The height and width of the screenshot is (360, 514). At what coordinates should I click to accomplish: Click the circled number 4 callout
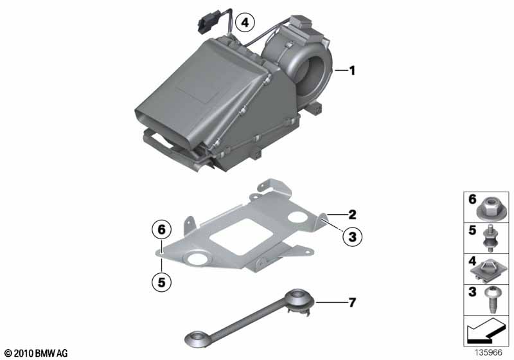245,22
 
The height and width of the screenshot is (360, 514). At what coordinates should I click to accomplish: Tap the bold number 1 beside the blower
352,71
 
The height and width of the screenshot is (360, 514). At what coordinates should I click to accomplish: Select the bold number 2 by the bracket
352,215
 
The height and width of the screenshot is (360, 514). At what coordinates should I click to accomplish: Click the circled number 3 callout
352,237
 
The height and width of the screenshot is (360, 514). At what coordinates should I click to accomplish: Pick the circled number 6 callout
162,230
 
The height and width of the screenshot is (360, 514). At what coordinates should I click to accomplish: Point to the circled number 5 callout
162,282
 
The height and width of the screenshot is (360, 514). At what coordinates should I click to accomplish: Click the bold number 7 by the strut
352,302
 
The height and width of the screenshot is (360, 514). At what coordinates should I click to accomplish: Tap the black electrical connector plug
204,24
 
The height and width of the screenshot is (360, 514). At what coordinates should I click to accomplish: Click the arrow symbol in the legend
485,330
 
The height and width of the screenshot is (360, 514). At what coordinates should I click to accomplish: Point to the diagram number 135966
488,352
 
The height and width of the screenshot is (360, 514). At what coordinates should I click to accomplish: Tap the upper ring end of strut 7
298,299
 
